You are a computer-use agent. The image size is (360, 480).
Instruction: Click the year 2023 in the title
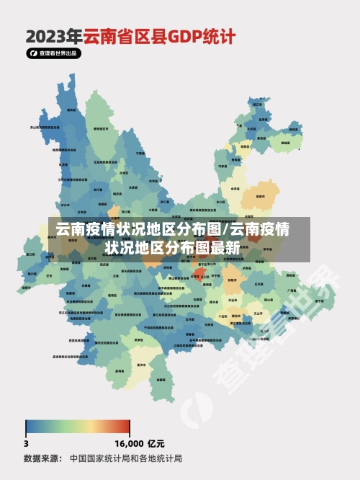tap(54, 35)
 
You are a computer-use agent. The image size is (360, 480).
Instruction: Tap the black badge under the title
tap(54, 53)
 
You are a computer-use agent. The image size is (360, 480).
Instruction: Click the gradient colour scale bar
tap(78, 426)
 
